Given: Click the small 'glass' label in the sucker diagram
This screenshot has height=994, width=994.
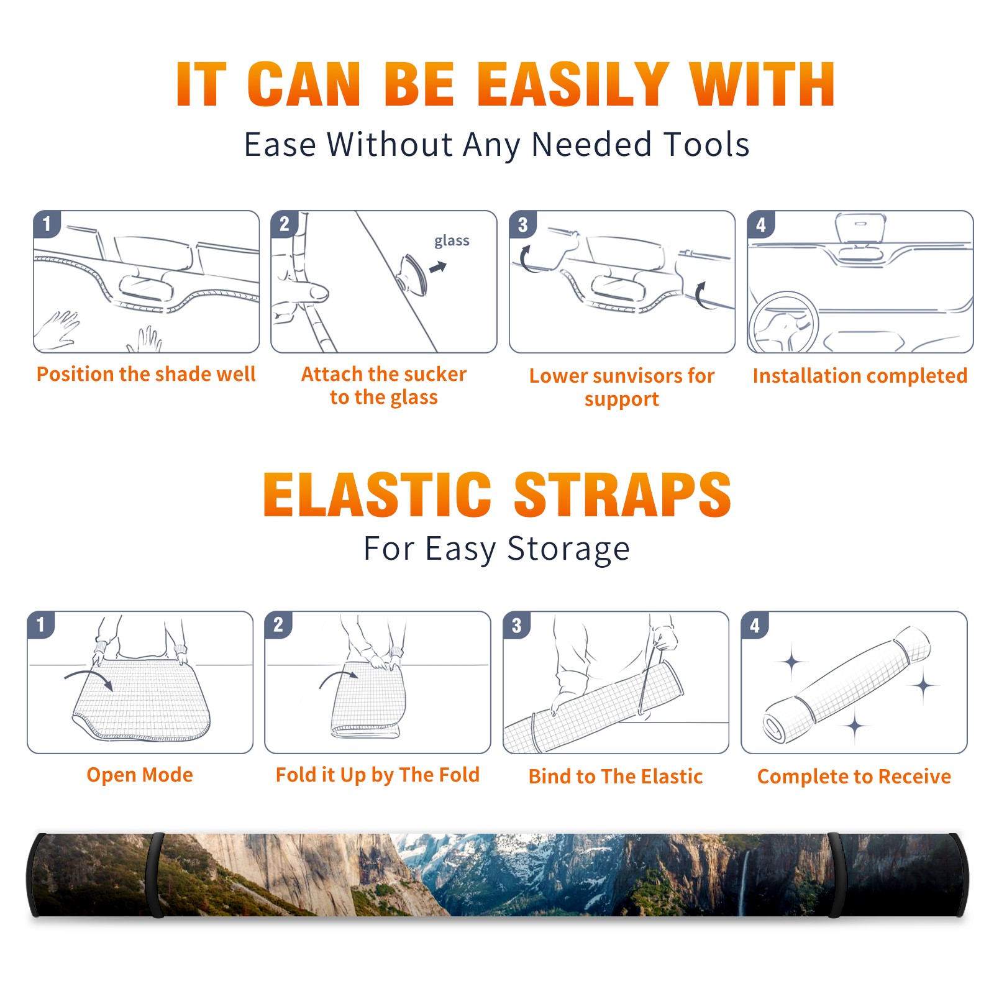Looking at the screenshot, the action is (452, 241).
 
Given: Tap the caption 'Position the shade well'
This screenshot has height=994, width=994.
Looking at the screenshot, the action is (146, 374).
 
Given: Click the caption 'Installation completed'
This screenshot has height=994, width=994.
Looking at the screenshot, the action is (860, 375).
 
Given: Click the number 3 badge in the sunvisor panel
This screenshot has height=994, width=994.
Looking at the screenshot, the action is (522, 224).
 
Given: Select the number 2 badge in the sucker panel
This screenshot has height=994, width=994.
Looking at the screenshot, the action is (285, 224).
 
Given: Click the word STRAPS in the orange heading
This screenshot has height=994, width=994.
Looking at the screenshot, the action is (622, 495).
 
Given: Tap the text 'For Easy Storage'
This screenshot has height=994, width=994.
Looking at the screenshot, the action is (497, 549).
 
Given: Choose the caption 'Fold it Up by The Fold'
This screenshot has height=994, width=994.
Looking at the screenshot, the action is (378, 775).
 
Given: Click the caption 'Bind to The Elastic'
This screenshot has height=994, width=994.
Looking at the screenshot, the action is (616, 776).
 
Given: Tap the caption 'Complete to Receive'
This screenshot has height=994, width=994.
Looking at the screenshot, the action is (854, 776).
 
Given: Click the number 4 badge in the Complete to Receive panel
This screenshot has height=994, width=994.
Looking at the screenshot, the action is (755, 625).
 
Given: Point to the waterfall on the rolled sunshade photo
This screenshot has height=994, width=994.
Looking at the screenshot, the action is (744, 882).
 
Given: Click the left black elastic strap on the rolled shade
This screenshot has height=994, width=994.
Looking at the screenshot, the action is (157, 875).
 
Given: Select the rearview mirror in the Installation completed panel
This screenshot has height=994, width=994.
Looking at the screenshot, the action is (860, 227).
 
